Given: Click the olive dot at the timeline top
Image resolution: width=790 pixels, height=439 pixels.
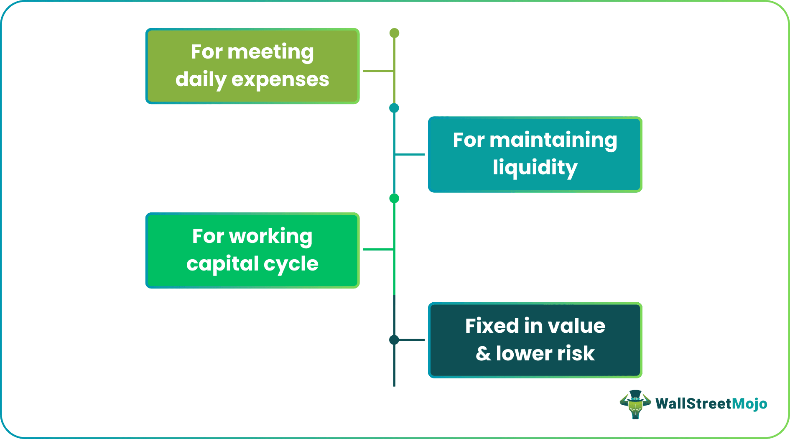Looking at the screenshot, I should (x=394, y=33).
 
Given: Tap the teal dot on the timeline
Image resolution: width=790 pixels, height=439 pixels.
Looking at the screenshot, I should (x=394, y=108).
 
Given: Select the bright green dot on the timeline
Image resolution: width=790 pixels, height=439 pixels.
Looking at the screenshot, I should (x=394, y=198).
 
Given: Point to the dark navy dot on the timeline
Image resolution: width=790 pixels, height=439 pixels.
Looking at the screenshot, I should (x=394, y=340).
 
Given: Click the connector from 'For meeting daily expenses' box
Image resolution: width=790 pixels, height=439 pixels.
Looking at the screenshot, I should (x=378, y=71).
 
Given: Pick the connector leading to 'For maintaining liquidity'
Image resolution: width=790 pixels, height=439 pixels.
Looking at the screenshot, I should (x=410, y=154).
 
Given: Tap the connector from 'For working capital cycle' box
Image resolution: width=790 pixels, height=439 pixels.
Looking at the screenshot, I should (x=378, y=250).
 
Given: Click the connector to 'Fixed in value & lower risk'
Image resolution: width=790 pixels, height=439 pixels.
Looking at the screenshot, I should (x=411, y=340).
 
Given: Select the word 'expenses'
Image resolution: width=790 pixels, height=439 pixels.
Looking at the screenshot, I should (x=280, y=79).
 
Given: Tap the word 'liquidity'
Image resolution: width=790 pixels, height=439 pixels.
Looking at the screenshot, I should (x=535, y=168).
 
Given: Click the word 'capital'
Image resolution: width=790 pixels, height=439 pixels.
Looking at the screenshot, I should (x=223, y=264).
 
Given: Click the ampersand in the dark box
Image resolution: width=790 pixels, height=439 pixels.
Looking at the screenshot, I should (x=483, y=354).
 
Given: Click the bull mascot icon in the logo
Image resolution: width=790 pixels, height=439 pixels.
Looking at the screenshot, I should (x=635, y=404).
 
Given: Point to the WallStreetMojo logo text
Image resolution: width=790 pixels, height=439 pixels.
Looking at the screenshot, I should (x=711, y=404).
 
